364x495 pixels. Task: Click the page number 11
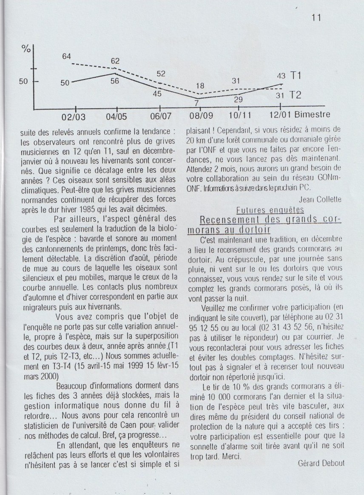(316, 18)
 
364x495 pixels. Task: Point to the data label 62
(115, 61)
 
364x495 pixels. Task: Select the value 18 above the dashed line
(200, 86)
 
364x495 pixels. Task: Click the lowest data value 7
(197, 103)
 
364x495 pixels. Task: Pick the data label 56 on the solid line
(114, 81)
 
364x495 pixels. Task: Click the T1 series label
(296, 76)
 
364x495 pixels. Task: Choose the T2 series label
(296, 95)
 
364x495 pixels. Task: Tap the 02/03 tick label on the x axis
(74, 116)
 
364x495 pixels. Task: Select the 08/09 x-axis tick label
(202, 116)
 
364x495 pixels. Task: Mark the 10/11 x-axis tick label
(240, 116)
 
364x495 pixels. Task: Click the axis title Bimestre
(312, 115)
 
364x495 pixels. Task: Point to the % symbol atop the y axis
(26, 49)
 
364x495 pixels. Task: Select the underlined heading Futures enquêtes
(270, 210)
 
